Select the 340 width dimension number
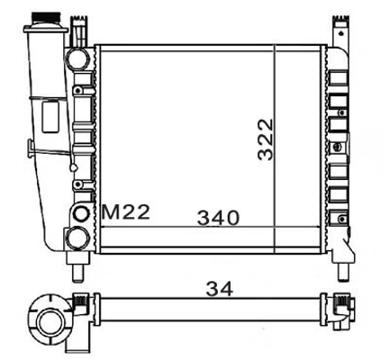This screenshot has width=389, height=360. [218, 217]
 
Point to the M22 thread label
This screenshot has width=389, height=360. [124, 213]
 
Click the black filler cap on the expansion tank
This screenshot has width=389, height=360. [43, 16]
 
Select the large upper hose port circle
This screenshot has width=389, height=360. [78, 59]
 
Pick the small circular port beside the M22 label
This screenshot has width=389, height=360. [84, 214]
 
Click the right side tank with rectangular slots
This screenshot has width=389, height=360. [339, 144]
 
